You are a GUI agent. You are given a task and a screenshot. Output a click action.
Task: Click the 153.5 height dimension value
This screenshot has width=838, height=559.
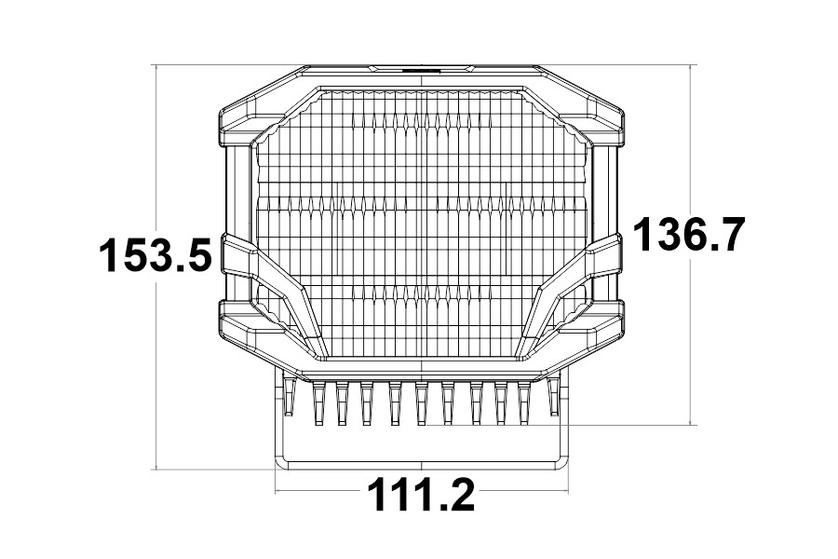pyautogui.click(x=156, y=255)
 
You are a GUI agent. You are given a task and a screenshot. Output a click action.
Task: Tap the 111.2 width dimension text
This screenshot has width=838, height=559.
pyautogui.click(x=419, y=495)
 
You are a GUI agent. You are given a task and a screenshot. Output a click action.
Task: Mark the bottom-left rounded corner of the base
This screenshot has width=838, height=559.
pyautogui.click(x=281, y=460)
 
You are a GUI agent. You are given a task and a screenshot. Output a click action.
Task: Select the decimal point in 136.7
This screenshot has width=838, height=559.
pyautogui.click(x=714, y=248)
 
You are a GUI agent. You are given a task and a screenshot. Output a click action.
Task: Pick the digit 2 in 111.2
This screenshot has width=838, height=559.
pyautogui.click(x=458, y=495)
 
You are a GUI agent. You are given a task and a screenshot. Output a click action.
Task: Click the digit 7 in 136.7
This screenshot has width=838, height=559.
pyautogui.click(x=730, y=234)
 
